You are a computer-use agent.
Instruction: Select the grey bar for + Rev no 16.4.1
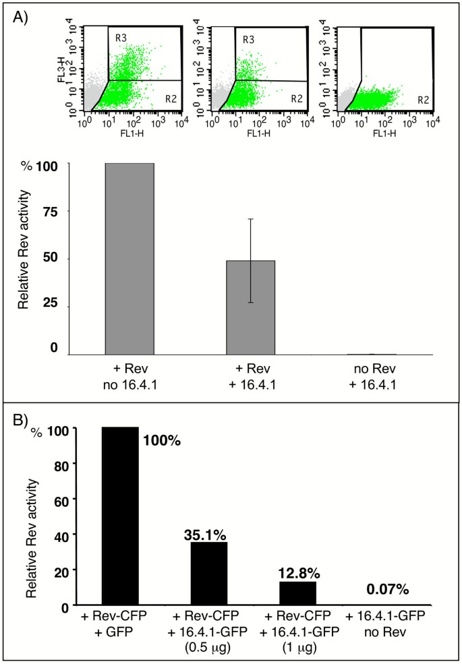click(130, 259)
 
